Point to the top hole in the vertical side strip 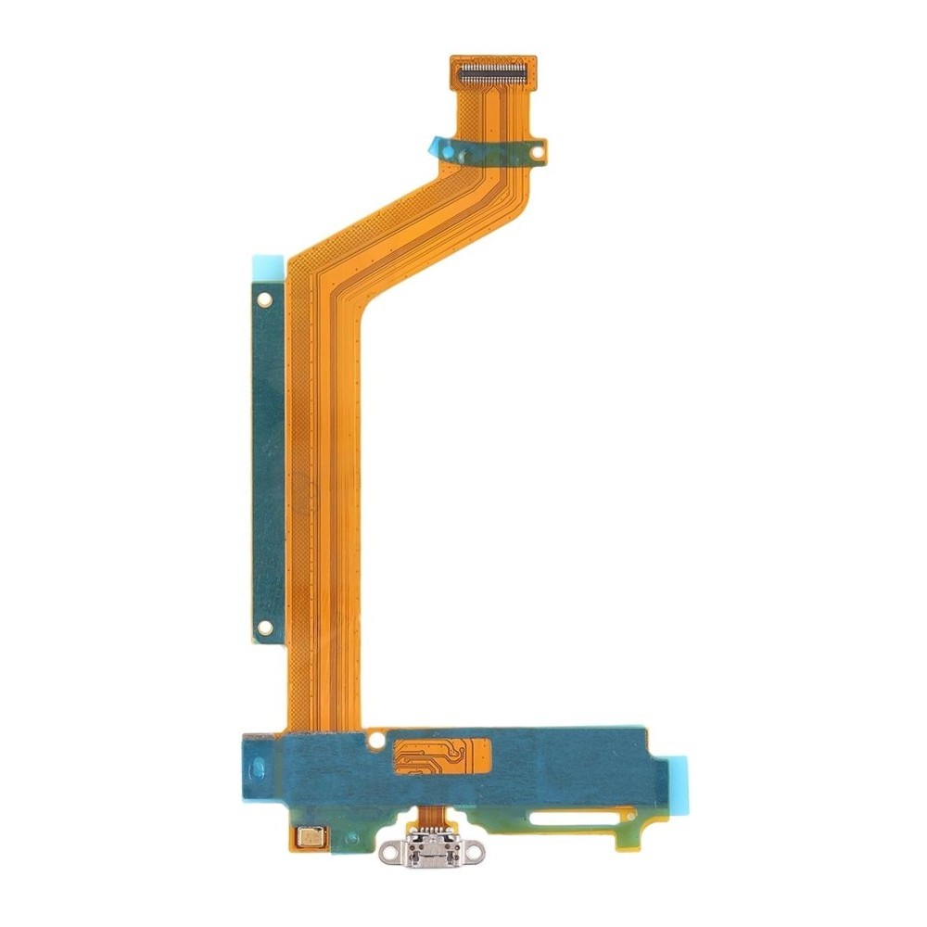pyautogui.click(x=265, y=299)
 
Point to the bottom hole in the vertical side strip pyautogui.click(x=265, y=628)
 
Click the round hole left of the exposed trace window pyautogui.click(x=375, y=740)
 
